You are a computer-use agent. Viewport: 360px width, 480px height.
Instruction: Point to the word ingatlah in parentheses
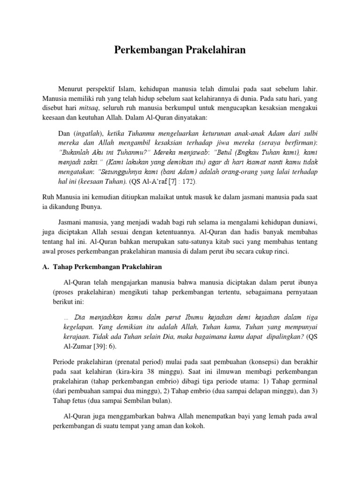pyautogui.click(x=88, y=133)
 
